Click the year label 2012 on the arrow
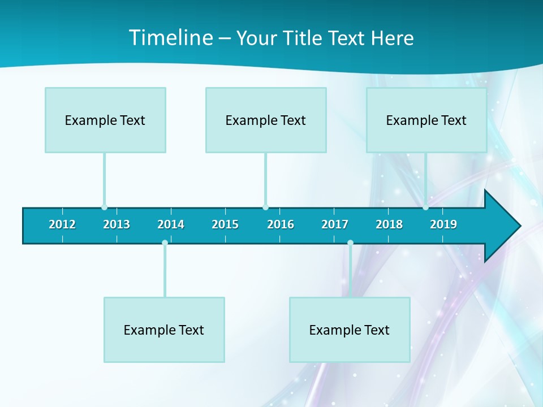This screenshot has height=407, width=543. (x=62, y=224)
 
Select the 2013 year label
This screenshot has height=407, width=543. (x=117, y=224)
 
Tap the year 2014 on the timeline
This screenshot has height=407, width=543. (x=171, y=224)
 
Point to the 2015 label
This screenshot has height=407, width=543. (x=225, y=224)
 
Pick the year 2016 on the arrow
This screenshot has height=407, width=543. (x=281, y=224)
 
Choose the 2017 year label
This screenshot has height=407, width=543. (x=335, y=224)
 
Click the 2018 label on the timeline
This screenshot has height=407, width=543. (x=389, y=224)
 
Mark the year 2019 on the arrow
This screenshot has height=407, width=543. (x=443, y=224)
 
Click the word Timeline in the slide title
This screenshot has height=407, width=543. (x=169, y=38)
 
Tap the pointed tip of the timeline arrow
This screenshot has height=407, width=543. (x=519, y=226)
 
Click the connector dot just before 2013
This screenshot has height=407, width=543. (x=104, y=207)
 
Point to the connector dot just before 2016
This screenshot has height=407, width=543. (x=265, y=207)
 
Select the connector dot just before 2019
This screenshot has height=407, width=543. (x=425, y=207)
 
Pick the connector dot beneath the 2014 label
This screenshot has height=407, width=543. (x=165, y=243)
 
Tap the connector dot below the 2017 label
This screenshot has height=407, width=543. (x=350, y=243)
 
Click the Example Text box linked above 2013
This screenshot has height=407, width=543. (x=105, y=120)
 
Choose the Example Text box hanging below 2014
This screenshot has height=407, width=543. (x=164, y=330)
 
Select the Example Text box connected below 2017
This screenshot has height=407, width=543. (x=350, y=330)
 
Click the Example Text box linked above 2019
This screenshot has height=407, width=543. (x=426, y=120)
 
